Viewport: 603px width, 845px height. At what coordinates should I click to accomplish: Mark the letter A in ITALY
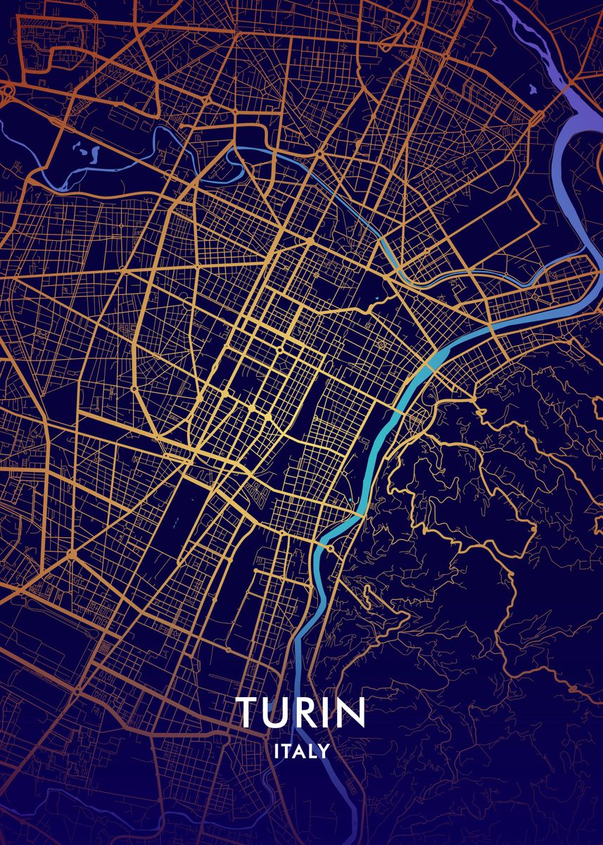[x=298, y=751]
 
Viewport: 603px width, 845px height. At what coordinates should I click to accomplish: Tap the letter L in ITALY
[x=311, y=751]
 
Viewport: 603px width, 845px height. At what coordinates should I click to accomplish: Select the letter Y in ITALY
[x=323, y=751]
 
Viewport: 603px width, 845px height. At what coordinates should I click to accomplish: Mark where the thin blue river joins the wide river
[x=588, y=256]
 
